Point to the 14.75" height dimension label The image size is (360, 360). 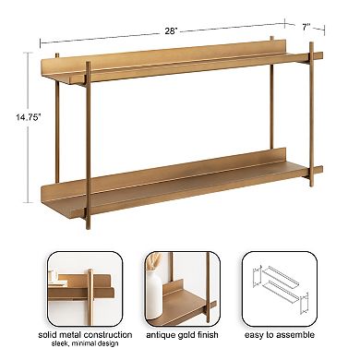(20, 116)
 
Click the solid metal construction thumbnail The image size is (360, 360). (84, 288)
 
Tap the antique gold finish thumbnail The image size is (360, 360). (180, 288)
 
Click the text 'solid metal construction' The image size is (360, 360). (84, 335)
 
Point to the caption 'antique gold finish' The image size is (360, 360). (180, 335)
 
